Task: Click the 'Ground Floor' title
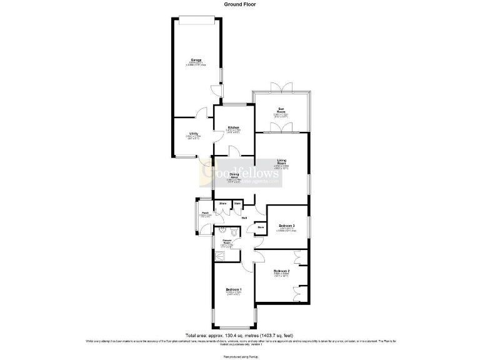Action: pyautogui.click(x=239, y=4)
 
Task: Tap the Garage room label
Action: pyautogui.click(x=196, y=60)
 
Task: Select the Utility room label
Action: pyautogui.click(x=194, y=134)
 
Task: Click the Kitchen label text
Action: pyautogui.click(x=233, y=127)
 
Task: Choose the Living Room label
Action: pyautogui.click(x=281, y=163)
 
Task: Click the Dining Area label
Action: pyautogui.click(x=234, y=176)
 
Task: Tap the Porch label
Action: pyautogui.click(x=204, y=212)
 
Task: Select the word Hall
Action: pyautogui.click(x=244, y=217)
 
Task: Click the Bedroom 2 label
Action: pyautogui.click(x=281, y=271)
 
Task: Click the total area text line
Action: pyautogui.click(x=239, y=336)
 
